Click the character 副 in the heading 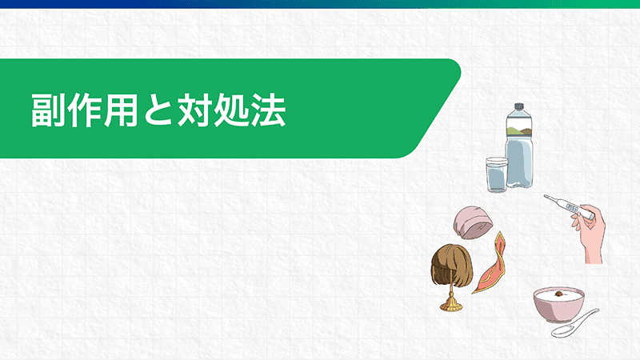click(x=48, y=110)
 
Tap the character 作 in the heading click(x=85, y=110)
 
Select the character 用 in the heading click(x=121, y=110)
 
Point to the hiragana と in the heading click(x=157, y=110)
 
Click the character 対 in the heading click(x=194, y=110)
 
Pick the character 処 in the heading click(x=230, y=110)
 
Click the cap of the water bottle click(x=518, y=107)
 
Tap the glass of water click(x=497, y=174)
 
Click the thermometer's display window click(x=570, y=206)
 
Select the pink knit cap click(x=473, y=222)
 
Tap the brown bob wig click(x=452, y=266)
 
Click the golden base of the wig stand click(x=450, y=304)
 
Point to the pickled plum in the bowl click(x=558, y=293)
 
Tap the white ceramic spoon click(x=575, y=323)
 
